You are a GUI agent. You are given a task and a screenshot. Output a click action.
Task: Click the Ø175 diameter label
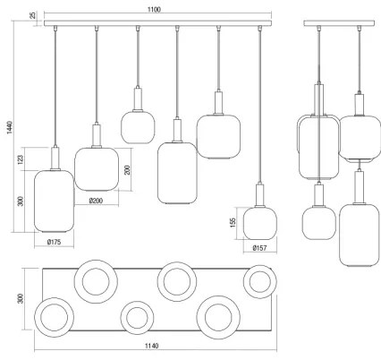[x=54, y=242]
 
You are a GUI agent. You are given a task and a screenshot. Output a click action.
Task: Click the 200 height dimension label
[x=128, y=169]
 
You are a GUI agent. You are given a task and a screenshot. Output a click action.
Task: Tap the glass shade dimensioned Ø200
[x=97, y=167]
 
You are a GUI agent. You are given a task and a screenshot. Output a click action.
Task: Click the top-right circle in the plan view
[x=260, y=280]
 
